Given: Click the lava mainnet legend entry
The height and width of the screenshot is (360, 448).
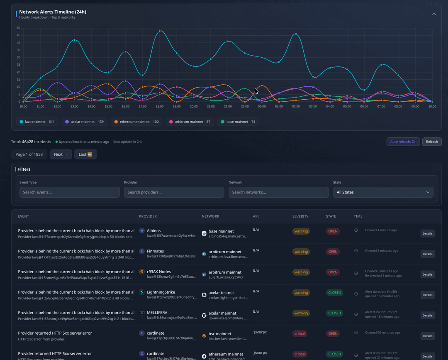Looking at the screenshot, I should (x=37, y=122).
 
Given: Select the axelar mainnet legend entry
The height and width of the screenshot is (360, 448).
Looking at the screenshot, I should (x=84, y=122).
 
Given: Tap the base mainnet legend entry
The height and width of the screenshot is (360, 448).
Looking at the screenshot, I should (x=238, y=122).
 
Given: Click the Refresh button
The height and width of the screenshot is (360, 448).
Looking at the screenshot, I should (x=432, y=142).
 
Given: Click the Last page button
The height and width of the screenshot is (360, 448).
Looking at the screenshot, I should (x=85, y=154).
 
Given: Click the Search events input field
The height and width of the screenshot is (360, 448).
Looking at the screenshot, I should (x=69, y=192).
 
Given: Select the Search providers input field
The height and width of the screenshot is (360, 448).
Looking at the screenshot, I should (x=174, y=192).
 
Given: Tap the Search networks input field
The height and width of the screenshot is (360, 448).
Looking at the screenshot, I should (x=278, y=192).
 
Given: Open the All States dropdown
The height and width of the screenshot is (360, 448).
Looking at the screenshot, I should (x=383, y=192).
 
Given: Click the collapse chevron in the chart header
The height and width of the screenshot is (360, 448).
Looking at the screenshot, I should (x=434, y=14).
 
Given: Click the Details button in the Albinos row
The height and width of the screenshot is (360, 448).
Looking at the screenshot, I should (x=427, y=233).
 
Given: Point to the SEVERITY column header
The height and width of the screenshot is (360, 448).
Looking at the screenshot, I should (x=300, y=216).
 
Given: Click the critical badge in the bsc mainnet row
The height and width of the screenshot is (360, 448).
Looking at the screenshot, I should (x=300, y=333).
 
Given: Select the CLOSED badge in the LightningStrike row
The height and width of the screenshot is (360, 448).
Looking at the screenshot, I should (x=334, y=293).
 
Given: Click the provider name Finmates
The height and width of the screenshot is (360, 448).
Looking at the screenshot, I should (x=155, y=251).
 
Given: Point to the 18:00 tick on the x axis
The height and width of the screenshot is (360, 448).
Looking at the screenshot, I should (x=160, y=107).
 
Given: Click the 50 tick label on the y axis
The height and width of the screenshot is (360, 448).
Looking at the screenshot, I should (x=18, y=28).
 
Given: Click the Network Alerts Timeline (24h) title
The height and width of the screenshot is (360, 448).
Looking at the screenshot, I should (x=53, y=12).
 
